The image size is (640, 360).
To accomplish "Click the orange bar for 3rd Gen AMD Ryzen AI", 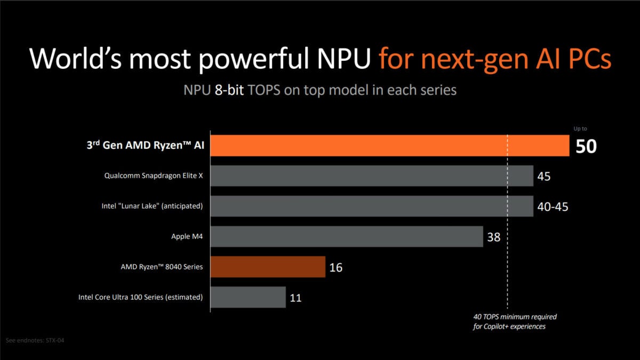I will [x=389, y=146].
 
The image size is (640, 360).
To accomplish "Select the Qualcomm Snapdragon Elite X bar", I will [x=372, y=175].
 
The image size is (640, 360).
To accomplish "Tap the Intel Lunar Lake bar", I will [x=372, y=206].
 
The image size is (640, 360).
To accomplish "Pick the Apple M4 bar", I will [x=347, y=236].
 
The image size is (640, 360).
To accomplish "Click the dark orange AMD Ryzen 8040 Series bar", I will [x=268, y=267].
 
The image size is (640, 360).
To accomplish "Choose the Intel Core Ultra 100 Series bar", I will [x=248, y=297].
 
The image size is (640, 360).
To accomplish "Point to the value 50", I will [x=586, y=146].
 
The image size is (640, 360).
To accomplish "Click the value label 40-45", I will [x=553, y=206].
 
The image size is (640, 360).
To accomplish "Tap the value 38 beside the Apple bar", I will [x=494, y=237].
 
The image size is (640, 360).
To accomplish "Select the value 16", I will [x=335, y=267].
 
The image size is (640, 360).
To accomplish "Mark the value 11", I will [x=295, y=298].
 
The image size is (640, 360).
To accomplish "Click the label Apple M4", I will [x=187, y=236].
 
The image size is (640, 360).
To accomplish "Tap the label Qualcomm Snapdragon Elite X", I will [x=154, y=175].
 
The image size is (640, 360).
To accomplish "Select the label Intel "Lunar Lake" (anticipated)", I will [x=152, y=206].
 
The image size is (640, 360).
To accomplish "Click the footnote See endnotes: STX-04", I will [x=38, y=340].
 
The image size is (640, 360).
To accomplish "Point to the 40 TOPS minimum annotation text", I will [x=515, y=322].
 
